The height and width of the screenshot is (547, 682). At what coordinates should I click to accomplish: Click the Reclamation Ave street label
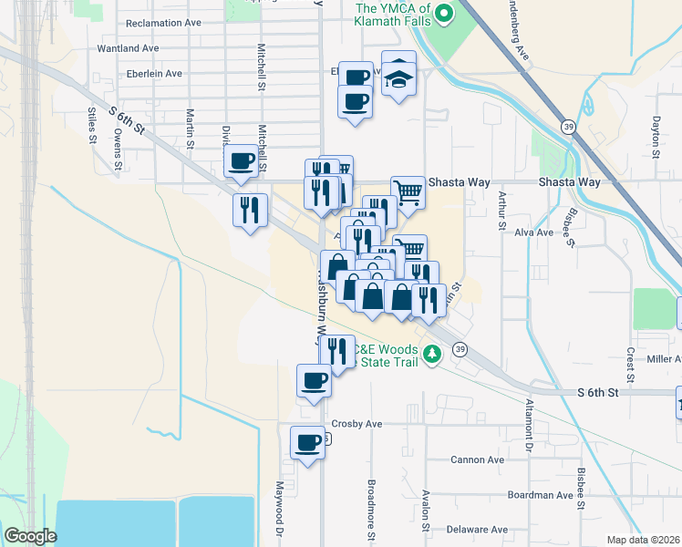(163, 22)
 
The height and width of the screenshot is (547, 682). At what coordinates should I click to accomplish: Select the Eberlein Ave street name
(155, 73)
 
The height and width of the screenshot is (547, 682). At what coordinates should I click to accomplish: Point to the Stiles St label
(92, 126)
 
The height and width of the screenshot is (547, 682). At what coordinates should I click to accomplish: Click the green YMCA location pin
(444, 13)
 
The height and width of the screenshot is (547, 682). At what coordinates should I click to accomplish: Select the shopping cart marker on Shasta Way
(408, 191)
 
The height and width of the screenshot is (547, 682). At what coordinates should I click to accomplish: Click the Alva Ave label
(534, 232)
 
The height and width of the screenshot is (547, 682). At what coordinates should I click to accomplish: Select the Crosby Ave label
(356, 424)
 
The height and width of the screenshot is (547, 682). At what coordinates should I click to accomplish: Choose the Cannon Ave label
(477, 459)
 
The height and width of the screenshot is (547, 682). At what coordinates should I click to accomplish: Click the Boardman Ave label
(540, 495)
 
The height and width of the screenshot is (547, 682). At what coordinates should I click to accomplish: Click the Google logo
(29, 536)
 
